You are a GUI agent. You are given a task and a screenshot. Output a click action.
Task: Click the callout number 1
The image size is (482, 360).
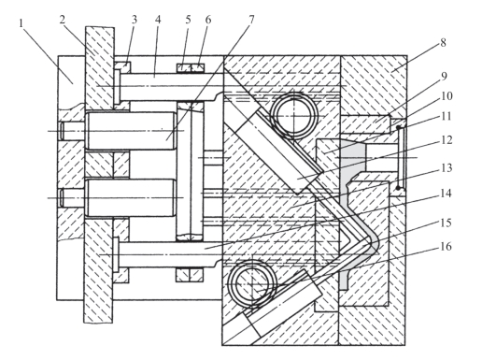(x=21, y=23)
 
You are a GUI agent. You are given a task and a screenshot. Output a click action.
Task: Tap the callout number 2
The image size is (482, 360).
(x=63, y=20)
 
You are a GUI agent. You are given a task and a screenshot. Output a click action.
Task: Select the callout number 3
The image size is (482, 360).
(x=135, y=20)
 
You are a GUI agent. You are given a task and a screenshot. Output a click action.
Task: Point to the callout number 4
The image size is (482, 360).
(x=158, y=20)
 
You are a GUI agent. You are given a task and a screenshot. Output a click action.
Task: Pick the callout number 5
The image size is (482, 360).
(x=188, y=20)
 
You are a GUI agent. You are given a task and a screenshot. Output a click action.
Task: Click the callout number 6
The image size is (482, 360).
(x=208, y=20)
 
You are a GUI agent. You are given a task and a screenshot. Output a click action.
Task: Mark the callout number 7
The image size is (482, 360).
(x=251, y=20)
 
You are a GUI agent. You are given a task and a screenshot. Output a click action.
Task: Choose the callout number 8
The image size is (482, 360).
(x=443, y=43)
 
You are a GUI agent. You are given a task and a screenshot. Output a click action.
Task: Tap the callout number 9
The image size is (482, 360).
(x=444, y=76)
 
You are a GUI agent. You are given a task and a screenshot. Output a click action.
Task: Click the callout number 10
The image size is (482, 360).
(x=447, y=96)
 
